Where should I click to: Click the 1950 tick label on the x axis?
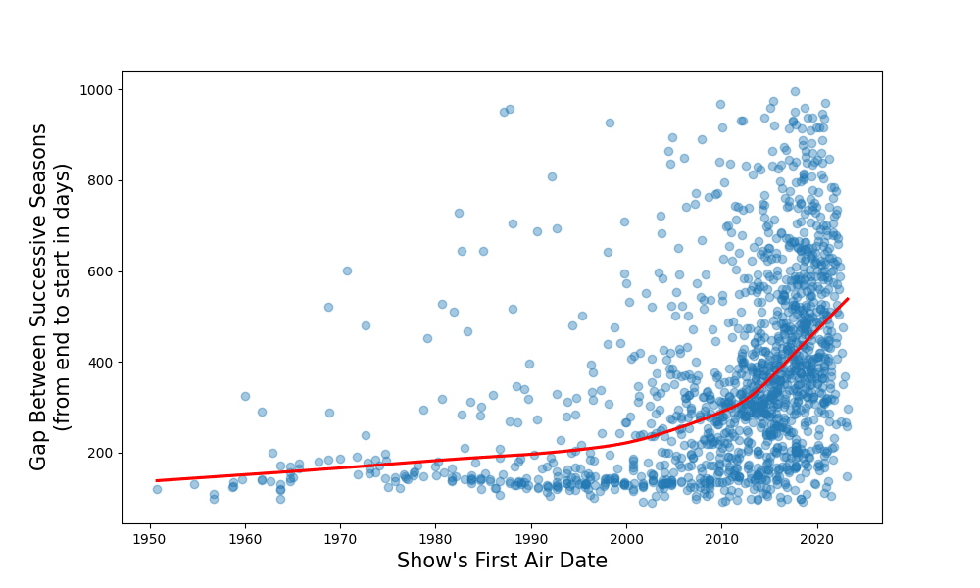(x=150, y=537)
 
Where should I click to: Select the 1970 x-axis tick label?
(x=340, y=537)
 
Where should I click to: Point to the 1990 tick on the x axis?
(x=531, y=537)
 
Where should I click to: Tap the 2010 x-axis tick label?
(x=721, y=537)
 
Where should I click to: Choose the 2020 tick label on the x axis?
(x=817, y=537)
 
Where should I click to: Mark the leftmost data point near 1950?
(x=157, y=489)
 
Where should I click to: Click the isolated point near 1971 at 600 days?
(x=347, y=270)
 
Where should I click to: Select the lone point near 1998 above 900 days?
(x=610, y=122)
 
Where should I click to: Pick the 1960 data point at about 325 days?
(x=245, y=396)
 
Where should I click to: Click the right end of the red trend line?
(x=848, y=298)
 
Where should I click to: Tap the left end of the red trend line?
(x=157, y=481)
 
